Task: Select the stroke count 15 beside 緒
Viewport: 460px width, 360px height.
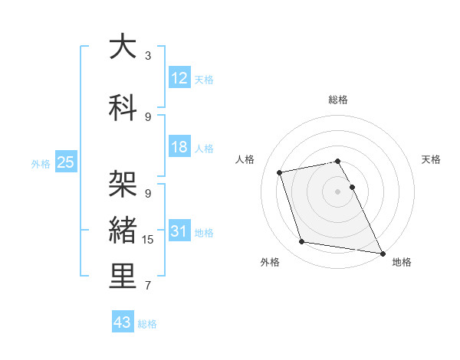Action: (x=148, y=240)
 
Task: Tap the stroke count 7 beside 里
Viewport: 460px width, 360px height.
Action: (x=148, y=286)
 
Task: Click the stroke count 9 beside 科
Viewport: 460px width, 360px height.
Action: (x=148, y=116)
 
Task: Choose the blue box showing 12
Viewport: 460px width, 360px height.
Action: (x=179, y=78)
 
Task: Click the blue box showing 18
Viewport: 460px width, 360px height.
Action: (x=179, y=147)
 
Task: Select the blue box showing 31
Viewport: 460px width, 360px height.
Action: (x=179, y=231)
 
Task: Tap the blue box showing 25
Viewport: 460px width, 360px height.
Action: (x=65, y=162)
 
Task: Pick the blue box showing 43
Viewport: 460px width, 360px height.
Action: (x=123, y=322)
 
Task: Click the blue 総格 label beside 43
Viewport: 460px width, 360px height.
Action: (x=147, y=324)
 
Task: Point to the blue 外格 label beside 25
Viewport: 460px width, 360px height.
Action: (x=41, y=163)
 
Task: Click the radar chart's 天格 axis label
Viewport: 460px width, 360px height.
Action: (x=432, y=159)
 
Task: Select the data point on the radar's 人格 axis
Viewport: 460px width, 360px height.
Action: (x=280, y=172)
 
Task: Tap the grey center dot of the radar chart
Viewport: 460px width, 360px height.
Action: (x=337, y=191)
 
